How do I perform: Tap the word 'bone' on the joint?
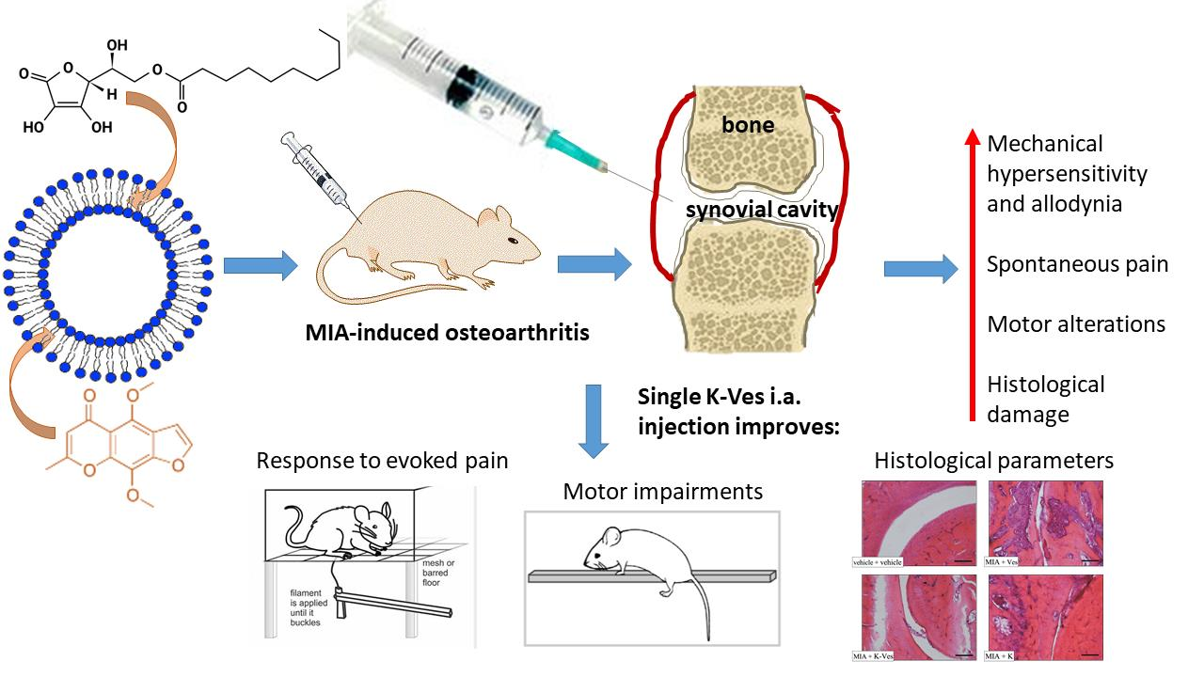click(x=748, y=124)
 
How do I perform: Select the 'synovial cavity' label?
click(x=760, y=209)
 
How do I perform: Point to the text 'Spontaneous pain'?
click(x=1077, y=264)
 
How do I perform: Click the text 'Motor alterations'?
click(x=1076, y=324)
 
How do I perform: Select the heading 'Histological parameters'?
click(x=994, y=461)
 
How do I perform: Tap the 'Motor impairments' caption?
click(x=663, y=491)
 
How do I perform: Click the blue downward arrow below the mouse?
click(x=593, y=419)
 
